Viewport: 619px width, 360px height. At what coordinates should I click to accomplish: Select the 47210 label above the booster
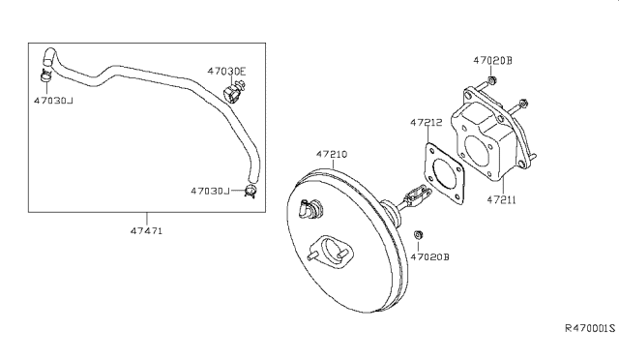coord(332,154)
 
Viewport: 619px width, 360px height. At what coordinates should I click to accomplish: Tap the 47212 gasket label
coord(426,123)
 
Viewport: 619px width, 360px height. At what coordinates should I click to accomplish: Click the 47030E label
coord(226,71)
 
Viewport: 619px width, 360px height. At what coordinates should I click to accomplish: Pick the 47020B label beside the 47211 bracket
coord(492,59)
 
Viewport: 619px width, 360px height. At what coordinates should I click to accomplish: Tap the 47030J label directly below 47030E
coord(210,192)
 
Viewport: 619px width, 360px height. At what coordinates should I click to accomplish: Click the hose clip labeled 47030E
coord(233,92)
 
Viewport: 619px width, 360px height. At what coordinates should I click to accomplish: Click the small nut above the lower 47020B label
coord(419,235)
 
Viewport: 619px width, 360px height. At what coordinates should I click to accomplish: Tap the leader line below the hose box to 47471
coord(147,220)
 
